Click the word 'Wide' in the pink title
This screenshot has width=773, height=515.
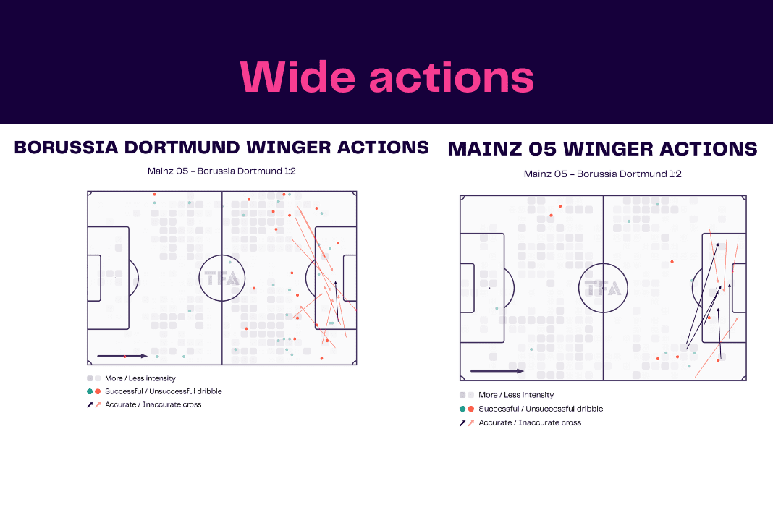(x=297, y=77)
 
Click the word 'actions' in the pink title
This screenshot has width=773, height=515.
(x=452, y=78)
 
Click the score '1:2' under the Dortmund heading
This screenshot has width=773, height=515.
(x=290, y=171)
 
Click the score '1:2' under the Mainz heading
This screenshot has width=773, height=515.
(x=675, y=174)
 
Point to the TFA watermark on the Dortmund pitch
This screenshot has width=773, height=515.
(x=222, y=278)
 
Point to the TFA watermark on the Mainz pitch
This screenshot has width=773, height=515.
(x=603, y=288)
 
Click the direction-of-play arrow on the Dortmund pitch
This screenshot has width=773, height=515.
(x=122, y=356)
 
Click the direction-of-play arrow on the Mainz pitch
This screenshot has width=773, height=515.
(x=497, y=371)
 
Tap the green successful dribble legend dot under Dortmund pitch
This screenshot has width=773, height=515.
(x=90, y=391)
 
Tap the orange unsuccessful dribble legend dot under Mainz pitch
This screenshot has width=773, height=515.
(x=470, y=409)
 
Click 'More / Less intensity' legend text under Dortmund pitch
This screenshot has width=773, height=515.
(x=140, y=378)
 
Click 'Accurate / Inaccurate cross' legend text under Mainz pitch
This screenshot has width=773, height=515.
(x=530, y=422)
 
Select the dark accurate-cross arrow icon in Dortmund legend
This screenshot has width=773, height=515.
(x=90, y=404)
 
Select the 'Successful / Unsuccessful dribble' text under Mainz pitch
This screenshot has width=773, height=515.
(x=541, y=409)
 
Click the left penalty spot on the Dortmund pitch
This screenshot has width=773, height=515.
(x=115, y=278)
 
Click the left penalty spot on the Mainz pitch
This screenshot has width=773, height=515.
(x=489, y=288)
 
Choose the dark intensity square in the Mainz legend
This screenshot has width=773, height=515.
(x=462, y=395)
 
